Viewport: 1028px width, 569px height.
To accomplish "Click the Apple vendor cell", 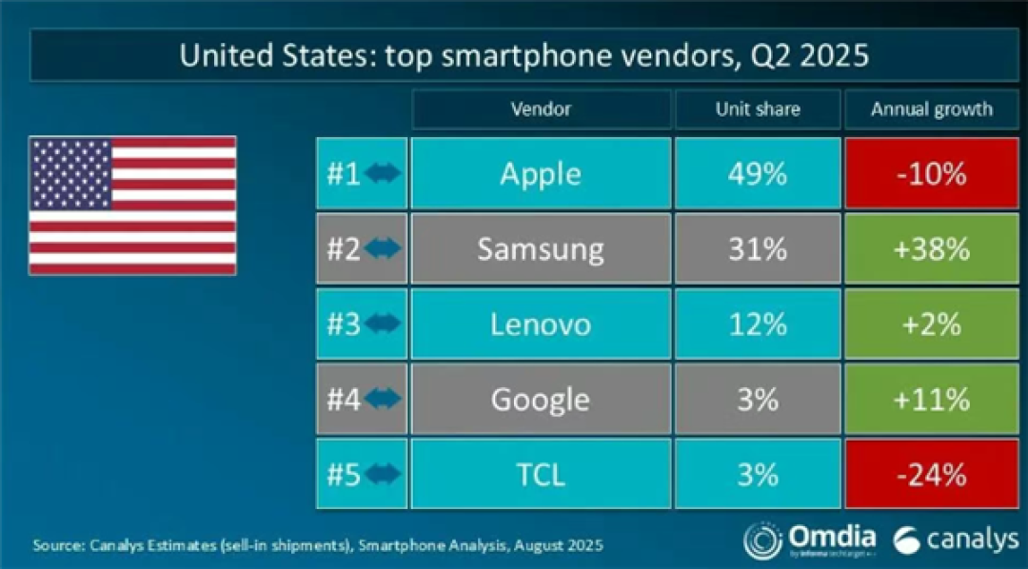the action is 541,174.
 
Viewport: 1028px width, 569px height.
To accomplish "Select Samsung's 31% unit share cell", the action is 758,248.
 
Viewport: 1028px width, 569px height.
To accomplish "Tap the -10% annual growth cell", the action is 932,174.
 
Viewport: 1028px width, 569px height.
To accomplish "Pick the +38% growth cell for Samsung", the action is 932,248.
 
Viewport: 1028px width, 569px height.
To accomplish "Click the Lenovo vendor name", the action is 541,324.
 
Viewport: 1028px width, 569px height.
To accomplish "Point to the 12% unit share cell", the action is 758,324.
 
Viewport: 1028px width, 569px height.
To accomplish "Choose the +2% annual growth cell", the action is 932,324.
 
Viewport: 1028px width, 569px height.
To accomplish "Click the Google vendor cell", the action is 541,400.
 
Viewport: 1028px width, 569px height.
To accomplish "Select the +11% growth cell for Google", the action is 932,400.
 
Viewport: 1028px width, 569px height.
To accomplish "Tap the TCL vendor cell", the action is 541,474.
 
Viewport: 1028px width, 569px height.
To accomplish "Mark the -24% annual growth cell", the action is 932,474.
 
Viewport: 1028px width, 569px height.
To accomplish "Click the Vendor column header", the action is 541,108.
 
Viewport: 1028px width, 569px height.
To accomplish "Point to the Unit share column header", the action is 758,108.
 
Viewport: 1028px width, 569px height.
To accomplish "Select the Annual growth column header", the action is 932,108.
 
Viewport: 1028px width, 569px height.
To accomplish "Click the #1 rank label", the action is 344,174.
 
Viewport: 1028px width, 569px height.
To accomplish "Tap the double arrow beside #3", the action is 383,324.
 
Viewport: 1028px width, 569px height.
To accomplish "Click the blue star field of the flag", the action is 71,174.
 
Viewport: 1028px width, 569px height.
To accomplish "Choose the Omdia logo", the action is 810,540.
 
